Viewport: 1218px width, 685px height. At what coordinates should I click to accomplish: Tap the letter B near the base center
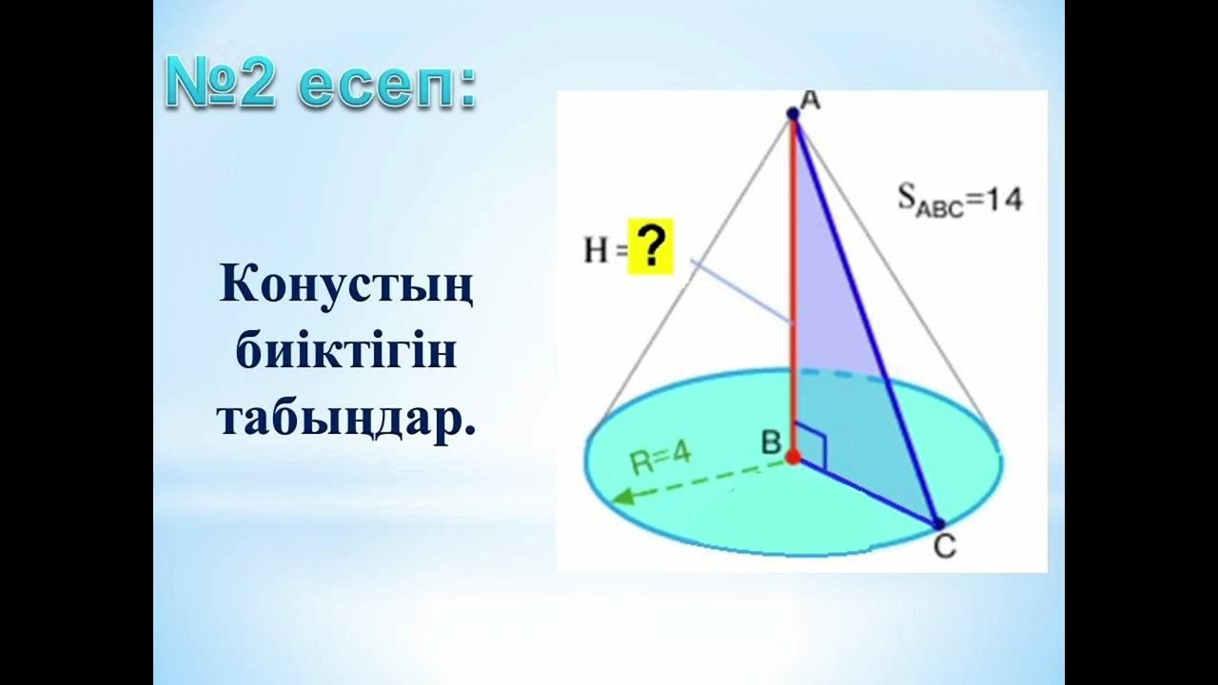770,441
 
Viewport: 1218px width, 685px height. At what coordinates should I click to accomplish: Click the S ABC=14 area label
959,200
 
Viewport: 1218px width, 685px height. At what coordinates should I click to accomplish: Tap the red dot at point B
793,458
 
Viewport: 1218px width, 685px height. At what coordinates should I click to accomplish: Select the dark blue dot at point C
937,523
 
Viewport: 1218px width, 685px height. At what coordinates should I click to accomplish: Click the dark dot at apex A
793,114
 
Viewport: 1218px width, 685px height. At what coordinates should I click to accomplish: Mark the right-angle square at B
811,445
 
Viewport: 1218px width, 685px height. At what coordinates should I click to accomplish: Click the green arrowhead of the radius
623,496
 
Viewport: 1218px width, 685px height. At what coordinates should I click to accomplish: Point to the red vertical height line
792,285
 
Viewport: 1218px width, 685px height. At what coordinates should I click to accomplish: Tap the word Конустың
346,285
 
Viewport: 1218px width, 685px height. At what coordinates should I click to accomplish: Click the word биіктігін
346,353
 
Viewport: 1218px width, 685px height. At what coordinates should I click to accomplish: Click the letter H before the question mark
596,250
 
